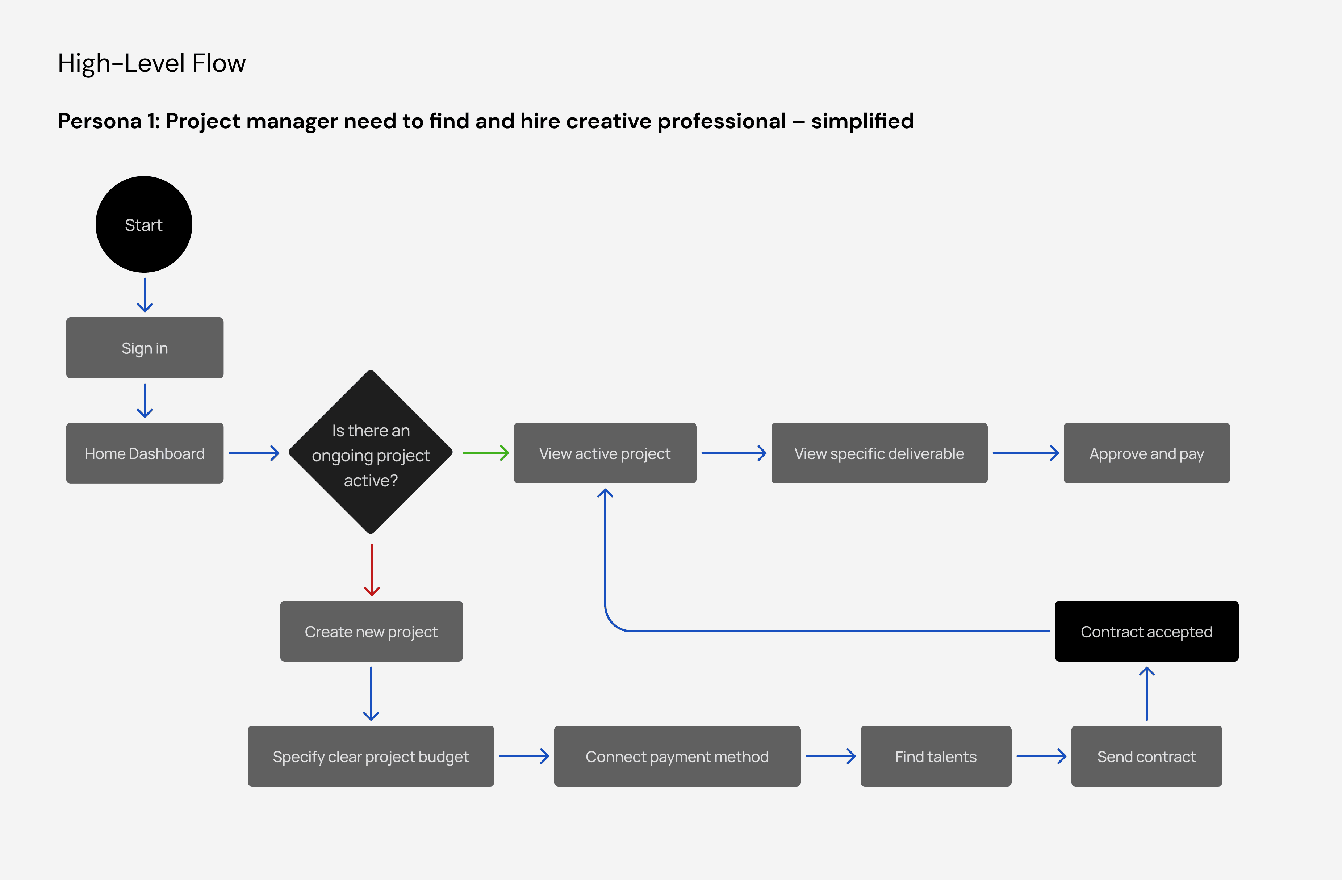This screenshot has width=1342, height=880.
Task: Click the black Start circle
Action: click(144, 225)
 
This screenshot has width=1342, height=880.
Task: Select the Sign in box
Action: click(145, 348)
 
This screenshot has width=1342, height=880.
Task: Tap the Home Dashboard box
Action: click(145, 453)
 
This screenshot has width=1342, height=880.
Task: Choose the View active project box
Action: click(605, 453)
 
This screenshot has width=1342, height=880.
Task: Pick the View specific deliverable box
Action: click(879, 453)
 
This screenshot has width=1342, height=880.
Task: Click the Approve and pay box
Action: click(1146, 453)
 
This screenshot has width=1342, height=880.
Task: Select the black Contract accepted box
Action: click(1146, 631)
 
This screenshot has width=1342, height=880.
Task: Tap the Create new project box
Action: click(371, 631)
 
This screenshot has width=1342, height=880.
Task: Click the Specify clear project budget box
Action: click(371, 757)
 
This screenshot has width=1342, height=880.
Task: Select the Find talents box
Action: click(936, 757)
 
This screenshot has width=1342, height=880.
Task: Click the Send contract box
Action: click(1146, 757)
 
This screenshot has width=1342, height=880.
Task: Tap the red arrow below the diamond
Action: click(372, 569)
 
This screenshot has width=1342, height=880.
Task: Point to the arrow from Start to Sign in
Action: click(145, 295)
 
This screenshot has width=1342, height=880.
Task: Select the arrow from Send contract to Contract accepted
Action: click(1146, 693)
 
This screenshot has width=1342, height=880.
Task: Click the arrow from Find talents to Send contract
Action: click(1041, 757)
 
